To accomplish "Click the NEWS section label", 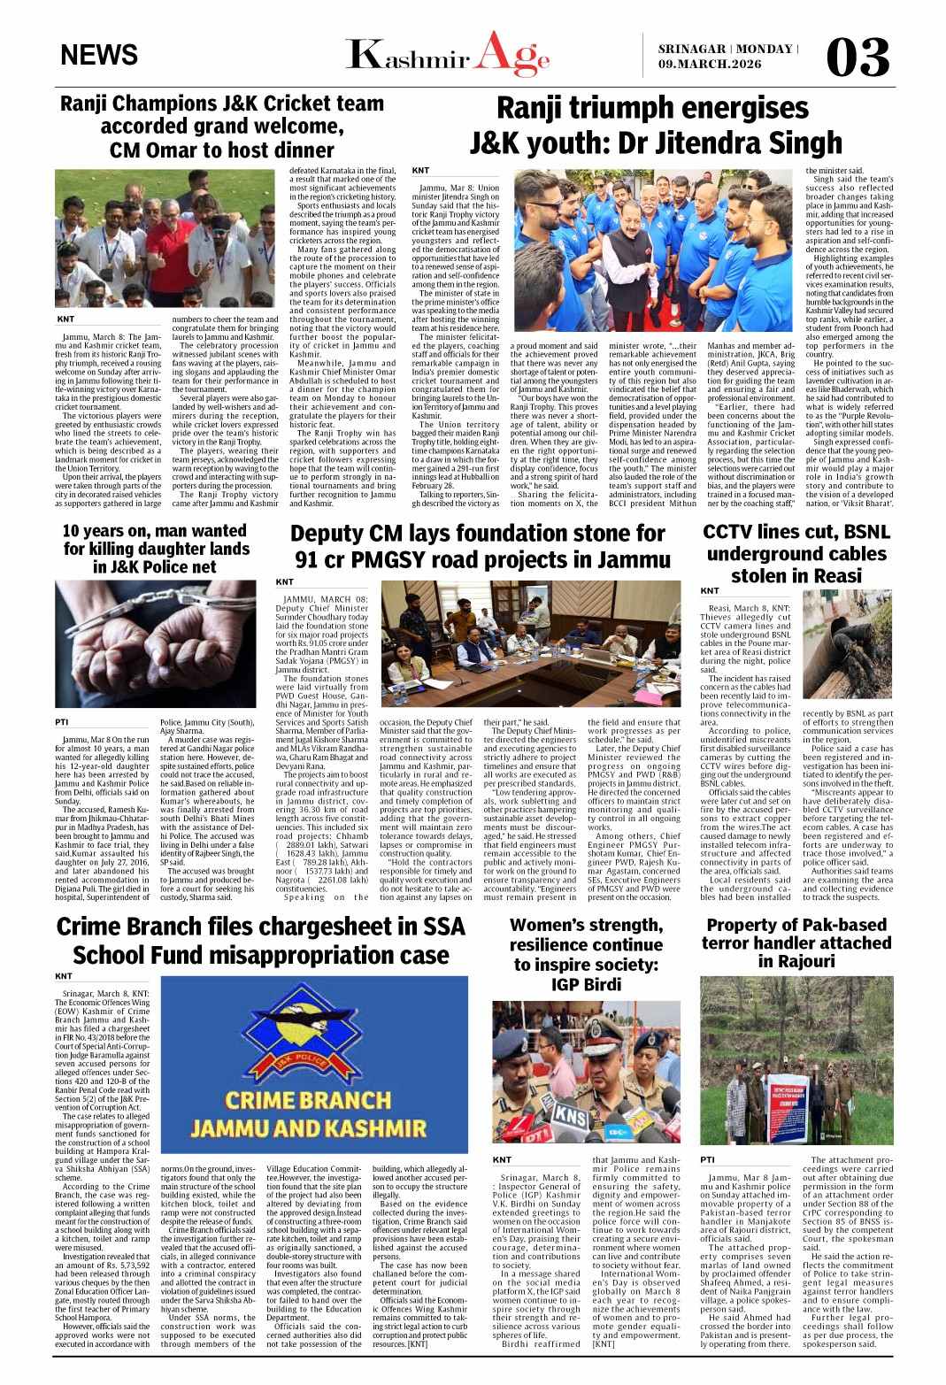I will [x=99, y=55].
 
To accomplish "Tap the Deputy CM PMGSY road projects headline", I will [x=477, y=547].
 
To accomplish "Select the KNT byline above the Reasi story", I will [x=710, y=590].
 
